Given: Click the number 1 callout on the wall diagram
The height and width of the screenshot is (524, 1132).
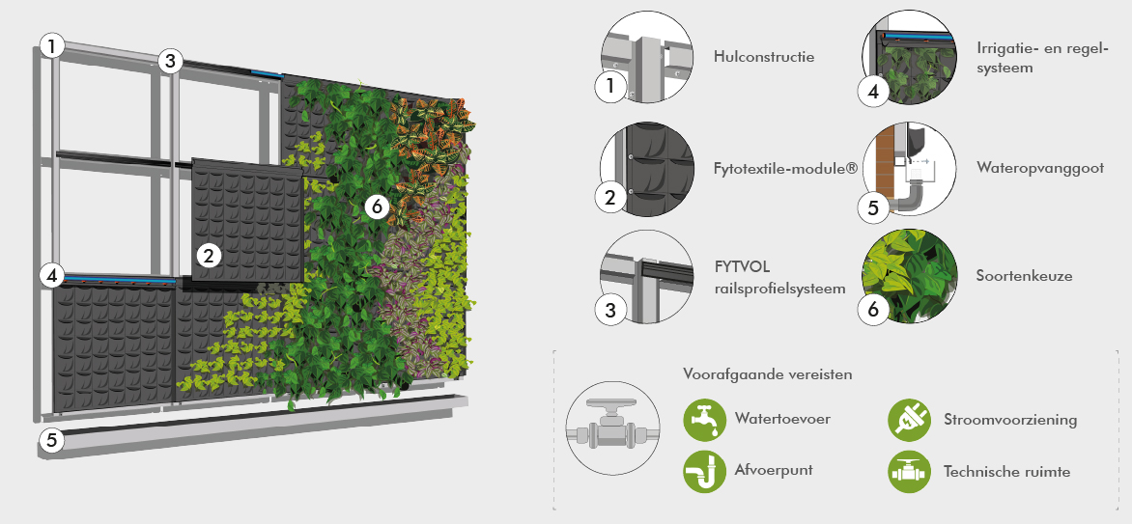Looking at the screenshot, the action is click(51, 47).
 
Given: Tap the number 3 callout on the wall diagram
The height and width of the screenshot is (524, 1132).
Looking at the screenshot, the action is click(170, 62).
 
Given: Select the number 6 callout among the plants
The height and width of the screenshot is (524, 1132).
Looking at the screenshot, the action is click(377, 207).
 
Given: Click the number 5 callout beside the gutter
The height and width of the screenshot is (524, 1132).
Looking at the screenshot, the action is click(51, 439).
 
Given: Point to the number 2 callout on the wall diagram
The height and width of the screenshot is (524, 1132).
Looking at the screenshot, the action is click(209, 254).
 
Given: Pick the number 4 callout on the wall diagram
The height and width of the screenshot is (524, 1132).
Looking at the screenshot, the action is click(51, 275).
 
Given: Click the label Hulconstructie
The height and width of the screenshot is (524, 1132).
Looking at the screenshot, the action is click(764, 56).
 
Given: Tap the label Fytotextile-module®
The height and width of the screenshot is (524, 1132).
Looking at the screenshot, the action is click(785, 168).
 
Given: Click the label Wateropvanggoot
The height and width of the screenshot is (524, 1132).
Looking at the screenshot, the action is click(1039, 168).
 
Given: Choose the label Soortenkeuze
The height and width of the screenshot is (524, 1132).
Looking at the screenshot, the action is click(1024, 276).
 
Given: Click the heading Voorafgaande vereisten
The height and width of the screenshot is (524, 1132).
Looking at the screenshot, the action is click(768, 374).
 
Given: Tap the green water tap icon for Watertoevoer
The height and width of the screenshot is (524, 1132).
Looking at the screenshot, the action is click(705, 420).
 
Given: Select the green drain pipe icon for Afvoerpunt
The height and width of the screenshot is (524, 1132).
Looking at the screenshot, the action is click(705, 471).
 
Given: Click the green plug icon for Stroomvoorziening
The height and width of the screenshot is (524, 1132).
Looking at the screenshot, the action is click(910, 420).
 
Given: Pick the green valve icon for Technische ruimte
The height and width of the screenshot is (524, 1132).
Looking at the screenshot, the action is click(910, 471).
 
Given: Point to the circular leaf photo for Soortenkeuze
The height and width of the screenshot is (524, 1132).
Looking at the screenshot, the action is click(910, 276).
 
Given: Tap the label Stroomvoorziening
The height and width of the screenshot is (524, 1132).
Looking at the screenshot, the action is click(1010, 420).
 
